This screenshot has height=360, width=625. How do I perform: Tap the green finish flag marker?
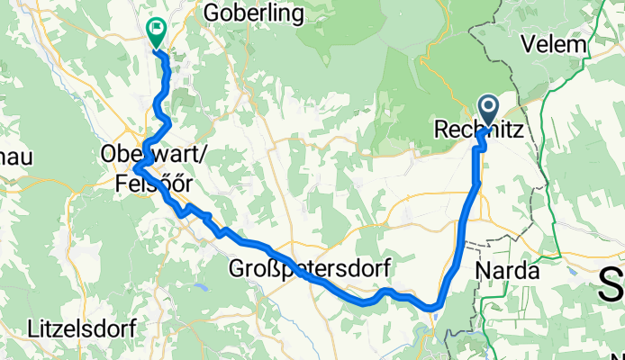tap(156, 31)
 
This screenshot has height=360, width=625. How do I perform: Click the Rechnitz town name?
tap(478, 130)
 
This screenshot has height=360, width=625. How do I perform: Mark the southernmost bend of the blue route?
tap(432, 308)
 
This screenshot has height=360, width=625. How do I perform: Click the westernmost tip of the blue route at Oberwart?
tap(134, 167)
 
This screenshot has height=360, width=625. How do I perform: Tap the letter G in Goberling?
tap(212, 13)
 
